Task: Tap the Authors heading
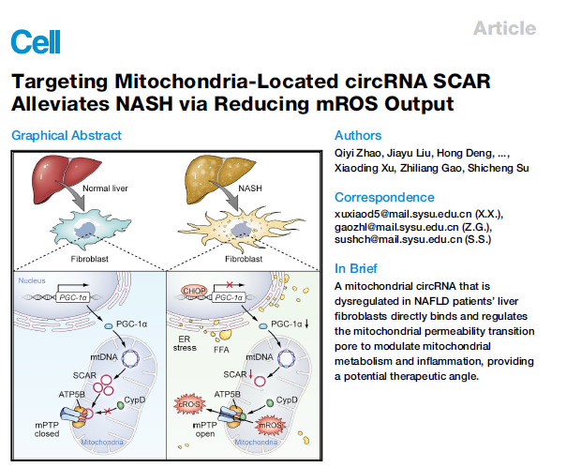point(358,135)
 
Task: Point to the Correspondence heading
point(384,197)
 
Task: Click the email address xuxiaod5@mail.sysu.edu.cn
point(404,214)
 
